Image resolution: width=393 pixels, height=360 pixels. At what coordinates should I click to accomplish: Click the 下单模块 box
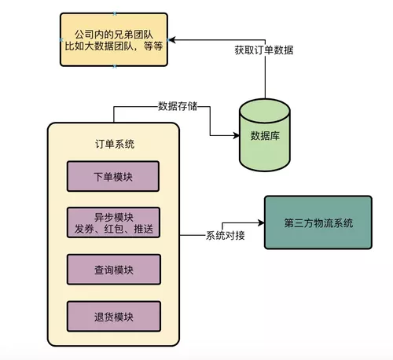[113, 176]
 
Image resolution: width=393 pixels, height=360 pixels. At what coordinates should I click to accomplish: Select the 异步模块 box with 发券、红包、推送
[113, 222]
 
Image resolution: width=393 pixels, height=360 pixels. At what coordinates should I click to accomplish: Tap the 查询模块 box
[113, 270]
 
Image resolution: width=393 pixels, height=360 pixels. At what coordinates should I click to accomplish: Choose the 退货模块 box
[113, 317]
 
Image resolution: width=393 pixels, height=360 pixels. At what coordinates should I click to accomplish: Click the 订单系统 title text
[113, 144]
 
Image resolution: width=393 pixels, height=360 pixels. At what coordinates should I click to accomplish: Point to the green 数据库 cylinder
[264, 136]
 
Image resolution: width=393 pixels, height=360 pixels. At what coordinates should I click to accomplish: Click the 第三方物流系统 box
[318, 222]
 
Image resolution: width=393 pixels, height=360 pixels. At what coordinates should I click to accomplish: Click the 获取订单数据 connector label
[263, 50]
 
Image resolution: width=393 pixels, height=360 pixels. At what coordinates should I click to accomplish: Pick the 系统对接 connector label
[225, 236]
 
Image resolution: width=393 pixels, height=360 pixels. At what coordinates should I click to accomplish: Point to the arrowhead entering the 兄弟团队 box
[173, 39]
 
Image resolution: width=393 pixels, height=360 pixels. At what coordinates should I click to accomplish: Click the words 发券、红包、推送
[113, 229]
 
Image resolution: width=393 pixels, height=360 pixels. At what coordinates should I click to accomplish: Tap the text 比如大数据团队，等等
[115, 46]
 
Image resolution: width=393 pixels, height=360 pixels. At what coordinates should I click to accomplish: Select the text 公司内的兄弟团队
[115, 33]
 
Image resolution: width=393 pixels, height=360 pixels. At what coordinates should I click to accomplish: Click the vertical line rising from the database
[264, 79]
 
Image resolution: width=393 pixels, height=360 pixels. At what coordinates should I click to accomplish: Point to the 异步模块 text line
[113, 215]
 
